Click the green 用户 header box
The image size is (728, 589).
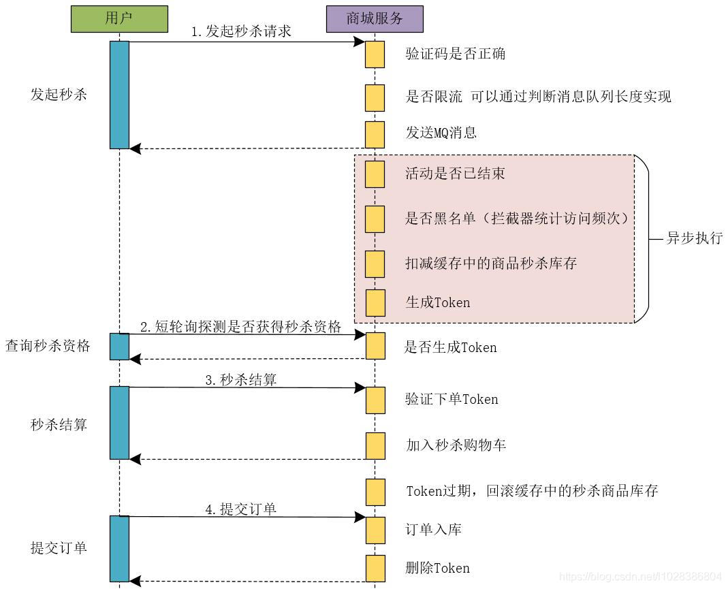click(x=119, y=18)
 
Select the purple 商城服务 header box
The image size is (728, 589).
click(x=375, y=18)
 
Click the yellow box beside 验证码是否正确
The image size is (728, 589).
click(x=375, y=54)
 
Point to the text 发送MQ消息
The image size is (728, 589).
click(x=441, y=133)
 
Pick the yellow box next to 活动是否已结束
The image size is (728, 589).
click(x=375, y=174)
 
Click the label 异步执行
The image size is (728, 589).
click(x=693, y=238)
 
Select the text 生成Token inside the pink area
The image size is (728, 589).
click(x=437, y=302)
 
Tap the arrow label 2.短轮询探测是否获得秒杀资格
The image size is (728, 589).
click(x=240, y=326)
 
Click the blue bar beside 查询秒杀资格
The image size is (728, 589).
click(x=119, y=347)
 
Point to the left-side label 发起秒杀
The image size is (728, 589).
click(x=59, y=95)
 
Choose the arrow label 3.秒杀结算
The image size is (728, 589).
click(x=241, y=380)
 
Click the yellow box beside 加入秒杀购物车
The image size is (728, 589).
click(x=375, y=446)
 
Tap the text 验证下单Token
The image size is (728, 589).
click(x=451, y=400)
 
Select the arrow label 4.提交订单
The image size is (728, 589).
click(x=241, y=509)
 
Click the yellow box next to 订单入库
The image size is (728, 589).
click(x=375, y=530)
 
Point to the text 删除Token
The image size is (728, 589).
click(x=437, y=568)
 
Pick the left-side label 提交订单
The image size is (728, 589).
click(x=59, y=547)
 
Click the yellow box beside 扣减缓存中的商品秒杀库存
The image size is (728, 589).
click(x=375, y=264)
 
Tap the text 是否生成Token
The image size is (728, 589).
click(x=450, y=347)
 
